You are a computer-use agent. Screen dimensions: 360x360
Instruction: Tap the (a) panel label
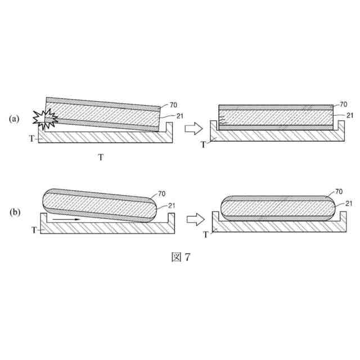14,119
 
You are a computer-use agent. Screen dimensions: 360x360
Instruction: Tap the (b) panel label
15,212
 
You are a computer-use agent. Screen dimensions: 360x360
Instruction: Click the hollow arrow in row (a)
193,128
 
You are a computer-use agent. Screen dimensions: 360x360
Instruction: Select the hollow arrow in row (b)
195,219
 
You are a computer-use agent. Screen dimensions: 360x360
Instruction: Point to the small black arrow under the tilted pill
66,219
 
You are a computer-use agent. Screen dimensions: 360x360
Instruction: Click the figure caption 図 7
181,257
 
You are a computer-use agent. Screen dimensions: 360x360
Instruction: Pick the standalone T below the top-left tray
101,157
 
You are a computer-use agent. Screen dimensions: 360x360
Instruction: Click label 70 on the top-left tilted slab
173,105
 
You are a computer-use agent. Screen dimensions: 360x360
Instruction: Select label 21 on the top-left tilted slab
180,116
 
